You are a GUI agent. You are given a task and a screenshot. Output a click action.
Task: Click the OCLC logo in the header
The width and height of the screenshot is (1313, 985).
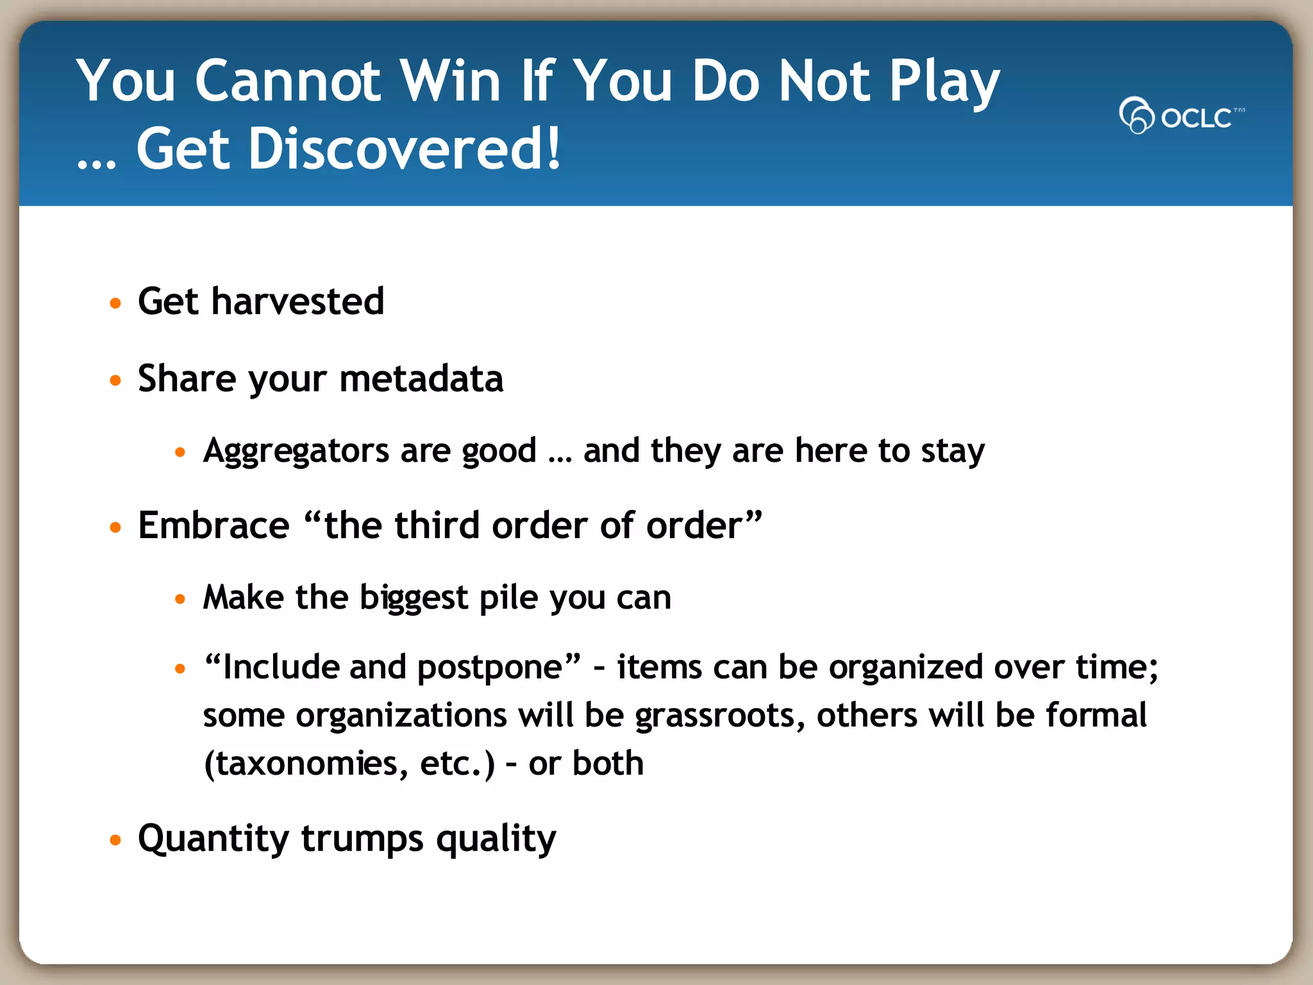coord(1181,116)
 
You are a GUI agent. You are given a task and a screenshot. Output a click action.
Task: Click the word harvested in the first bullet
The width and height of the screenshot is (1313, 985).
coord(297,301)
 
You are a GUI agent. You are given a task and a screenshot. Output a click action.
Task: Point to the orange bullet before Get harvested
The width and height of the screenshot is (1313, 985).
coord(115,303)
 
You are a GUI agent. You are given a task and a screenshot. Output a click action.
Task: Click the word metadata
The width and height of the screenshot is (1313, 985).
coord(421,379)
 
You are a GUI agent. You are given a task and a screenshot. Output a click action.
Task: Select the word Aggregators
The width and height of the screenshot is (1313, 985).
coord(296,451)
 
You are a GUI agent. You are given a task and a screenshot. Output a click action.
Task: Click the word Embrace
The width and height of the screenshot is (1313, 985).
coord(213,526)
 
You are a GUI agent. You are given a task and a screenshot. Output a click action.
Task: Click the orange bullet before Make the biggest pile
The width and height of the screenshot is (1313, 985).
coord(180,600)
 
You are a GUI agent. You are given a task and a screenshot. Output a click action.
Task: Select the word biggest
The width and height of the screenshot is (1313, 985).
coord(414,598)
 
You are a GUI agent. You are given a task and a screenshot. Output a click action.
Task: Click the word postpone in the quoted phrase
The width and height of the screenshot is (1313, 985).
coord(490,668)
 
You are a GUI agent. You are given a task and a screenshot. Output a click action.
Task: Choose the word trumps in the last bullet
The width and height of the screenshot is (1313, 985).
coord(362,839)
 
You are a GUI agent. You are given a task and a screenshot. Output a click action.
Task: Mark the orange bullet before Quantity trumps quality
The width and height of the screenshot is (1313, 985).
coord(115,840)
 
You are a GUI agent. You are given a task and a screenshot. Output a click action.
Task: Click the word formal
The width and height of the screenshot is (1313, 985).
coord(1096,716)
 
